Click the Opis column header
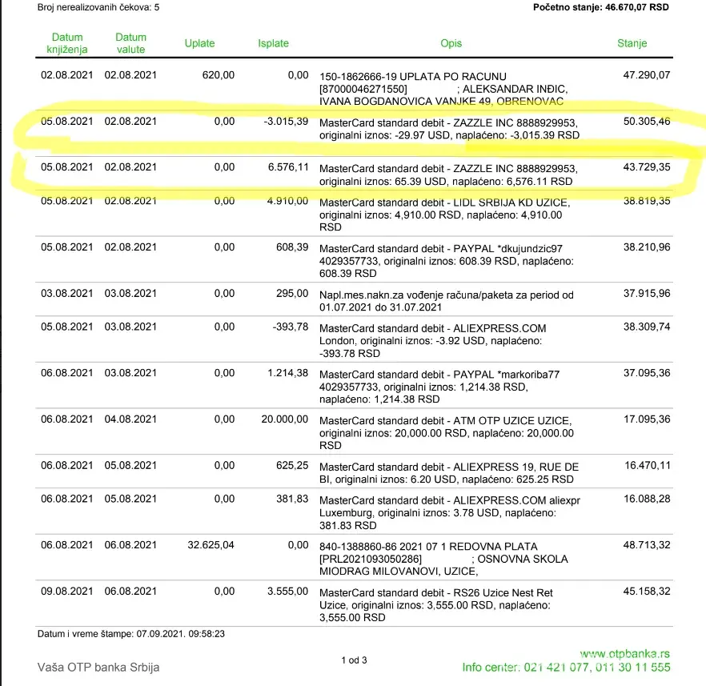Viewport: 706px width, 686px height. [x=451, y=43]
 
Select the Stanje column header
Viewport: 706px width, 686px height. [x=632, y=43]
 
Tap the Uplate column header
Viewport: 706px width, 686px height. [x=199, y=43]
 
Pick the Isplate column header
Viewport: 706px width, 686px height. [x=273, y=43]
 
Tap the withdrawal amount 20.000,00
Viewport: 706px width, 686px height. [x=279, y=419]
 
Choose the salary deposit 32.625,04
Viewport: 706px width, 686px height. [x=211, y=545]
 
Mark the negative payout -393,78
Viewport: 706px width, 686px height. [x=286, y=327]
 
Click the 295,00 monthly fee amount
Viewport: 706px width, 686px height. [x=292, y=295]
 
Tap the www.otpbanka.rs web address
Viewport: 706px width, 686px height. [x=624, y=653]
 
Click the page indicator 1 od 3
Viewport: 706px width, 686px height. [x=354, y=660]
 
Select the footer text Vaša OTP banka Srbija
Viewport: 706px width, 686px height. [x=98, y=667]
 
